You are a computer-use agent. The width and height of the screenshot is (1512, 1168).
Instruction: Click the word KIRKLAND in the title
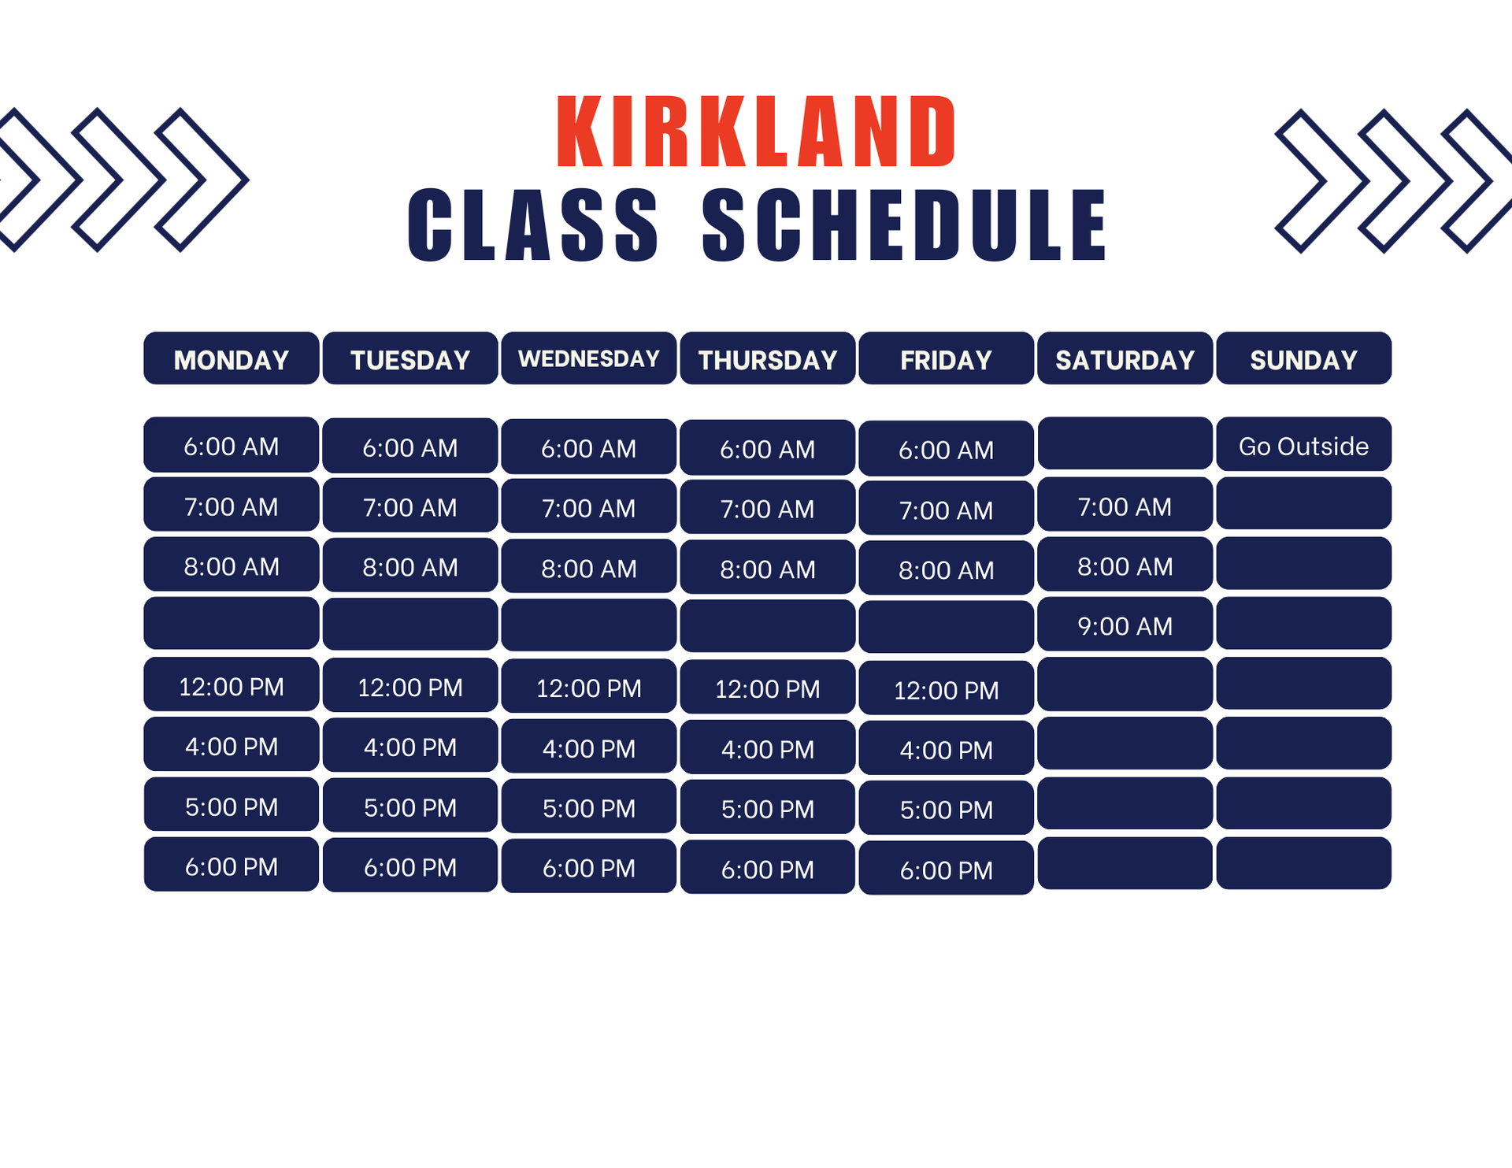click(x=756, y=132)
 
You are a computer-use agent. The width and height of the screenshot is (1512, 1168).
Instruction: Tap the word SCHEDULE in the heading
click(x=905, y=225)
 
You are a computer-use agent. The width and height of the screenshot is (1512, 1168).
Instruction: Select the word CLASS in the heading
click(x=533, y=225)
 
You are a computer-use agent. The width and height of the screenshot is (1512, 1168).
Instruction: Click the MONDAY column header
click(x=232, y=358)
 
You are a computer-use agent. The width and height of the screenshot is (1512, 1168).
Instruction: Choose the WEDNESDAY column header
click(x=589, y=358)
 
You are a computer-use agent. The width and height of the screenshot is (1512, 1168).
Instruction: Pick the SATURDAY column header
click(x=1125, y=358)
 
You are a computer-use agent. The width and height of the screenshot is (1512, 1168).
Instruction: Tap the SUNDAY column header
click(x=1304, y=358)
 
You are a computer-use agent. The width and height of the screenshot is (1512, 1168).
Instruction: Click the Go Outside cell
click(x=1304, y=444)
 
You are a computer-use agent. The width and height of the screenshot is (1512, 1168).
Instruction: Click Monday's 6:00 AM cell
click(x=232, y=445)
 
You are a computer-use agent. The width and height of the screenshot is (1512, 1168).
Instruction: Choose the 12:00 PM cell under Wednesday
click(x=589, y=687)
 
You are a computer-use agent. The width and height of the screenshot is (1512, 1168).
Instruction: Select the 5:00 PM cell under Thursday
click(x=768, y=807)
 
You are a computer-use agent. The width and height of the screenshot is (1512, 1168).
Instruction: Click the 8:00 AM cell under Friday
click(x=947, y=568)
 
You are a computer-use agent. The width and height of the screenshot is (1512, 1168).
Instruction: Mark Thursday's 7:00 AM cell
click(x=768, y=507)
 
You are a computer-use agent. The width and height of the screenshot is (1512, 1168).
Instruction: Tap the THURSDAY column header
click(x=768, y=358)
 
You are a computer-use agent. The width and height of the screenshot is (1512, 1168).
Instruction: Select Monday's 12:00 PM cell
click(x=232, y=684)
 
